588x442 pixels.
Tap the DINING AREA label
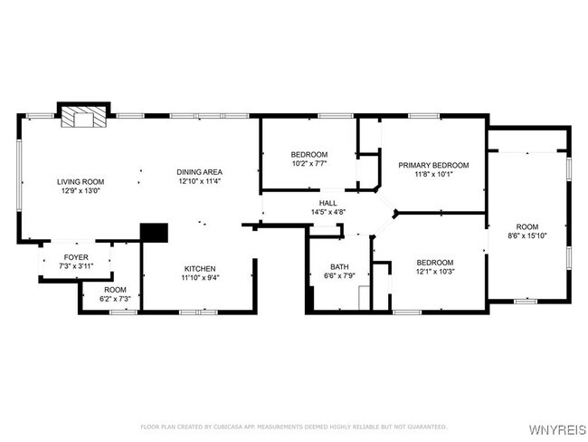click(x=200, y=172)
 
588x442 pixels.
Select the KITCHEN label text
click(x=200, y=269)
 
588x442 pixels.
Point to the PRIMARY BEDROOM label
click(x=433, y=165)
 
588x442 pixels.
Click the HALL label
click(x=327, y=203)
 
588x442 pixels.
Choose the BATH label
click(x=339, y=266)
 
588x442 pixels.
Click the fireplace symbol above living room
click(x=83, y=117)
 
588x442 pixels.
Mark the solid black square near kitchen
click(x=155, y=232)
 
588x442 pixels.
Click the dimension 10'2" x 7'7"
click(x=309, y=164)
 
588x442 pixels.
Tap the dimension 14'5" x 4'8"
click(x=327, y=212)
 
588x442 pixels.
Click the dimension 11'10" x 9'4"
click(x=200, y=278)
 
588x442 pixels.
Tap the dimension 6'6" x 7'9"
click(x=339, y=275)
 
